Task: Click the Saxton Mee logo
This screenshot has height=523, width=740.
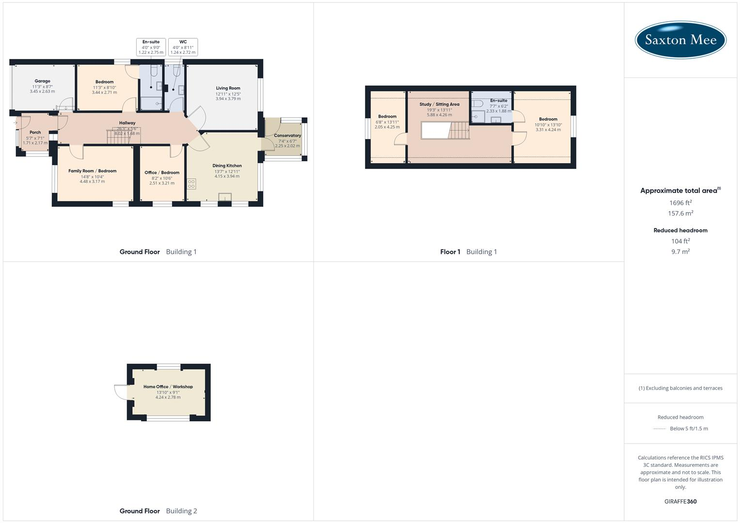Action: click(x=680, y=40)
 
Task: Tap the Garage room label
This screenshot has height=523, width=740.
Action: click(x=42, y=81)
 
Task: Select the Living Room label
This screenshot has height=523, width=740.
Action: click(x=228, y=88)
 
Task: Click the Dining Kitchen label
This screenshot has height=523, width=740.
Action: click(x=227, y=166)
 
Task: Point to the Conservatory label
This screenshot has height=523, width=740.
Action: click(x=287, y=136)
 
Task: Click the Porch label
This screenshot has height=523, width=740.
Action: click(x=35, y=132)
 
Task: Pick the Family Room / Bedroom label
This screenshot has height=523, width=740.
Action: click(x=92, y=171)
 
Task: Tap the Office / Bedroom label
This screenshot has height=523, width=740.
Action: click(x=162, y=172)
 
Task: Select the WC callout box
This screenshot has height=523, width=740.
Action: click(x=183, y=47)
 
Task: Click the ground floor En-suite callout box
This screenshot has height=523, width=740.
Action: click(x=151, y=47)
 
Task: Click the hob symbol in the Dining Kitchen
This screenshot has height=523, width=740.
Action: click(x=191, y=184)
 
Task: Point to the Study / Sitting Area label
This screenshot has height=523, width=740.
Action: click(x=439, y=104)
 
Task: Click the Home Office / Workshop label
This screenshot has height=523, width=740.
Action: click(x=168, y=386)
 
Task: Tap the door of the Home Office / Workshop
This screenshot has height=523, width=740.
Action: click(x=120, y=391)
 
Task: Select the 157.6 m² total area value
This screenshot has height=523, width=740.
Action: click(x=680, y=213)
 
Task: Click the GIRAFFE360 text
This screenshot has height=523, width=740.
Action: click(x=680, y=501)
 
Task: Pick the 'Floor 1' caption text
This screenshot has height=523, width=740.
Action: click(x=450, y=252)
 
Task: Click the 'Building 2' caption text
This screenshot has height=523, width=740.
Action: click(x=181, y=511)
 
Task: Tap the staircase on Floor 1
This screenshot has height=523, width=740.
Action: click(x=459, y=131)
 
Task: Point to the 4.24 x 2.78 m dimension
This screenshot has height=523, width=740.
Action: click(x=168, y=397)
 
